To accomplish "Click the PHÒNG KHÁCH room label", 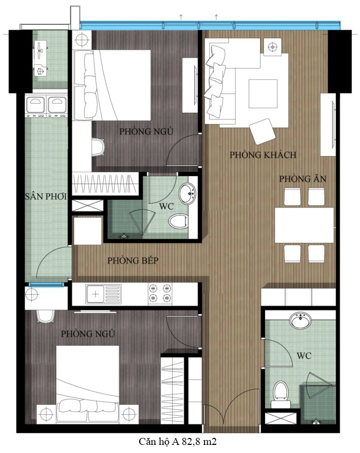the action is (x=263, y=155).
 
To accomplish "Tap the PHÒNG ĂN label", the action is (x=303, y=179).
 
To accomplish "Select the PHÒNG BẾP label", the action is (x=133, y=261).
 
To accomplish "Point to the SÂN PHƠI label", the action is (x=46, y=197).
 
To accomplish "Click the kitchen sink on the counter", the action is (x=103, y=294).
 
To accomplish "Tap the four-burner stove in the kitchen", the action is (x=160, y=294).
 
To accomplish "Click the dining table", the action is (x=304, y=225).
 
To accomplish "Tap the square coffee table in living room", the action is (x=263, y=93).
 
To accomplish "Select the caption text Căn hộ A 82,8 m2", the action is (x=178, y=442).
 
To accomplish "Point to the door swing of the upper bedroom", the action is (x=182, y=148).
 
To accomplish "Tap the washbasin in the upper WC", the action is (x=187, y=193).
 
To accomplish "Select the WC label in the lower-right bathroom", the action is (x=304, y=356).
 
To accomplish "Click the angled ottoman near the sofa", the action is (x=262, y=131).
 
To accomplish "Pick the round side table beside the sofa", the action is (x=273, y=46).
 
